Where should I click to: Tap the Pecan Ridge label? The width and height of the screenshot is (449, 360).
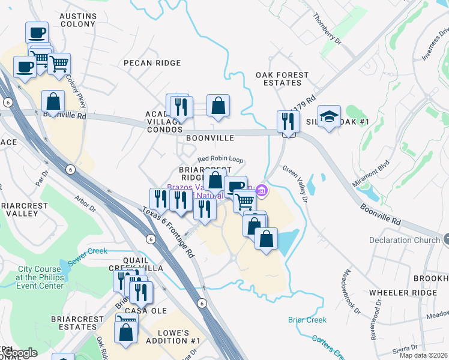[x=152, y=63]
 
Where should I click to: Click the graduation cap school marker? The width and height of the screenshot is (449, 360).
[x=329, y=118]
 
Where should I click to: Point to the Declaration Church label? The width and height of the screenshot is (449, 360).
[x=405, y=241]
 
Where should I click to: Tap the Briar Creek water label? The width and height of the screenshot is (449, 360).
[x=307, y=320]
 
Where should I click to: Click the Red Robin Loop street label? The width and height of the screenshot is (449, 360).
[x=220, y=159]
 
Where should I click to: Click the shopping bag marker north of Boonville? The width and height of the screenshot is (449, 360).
[x=218, y=106]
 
